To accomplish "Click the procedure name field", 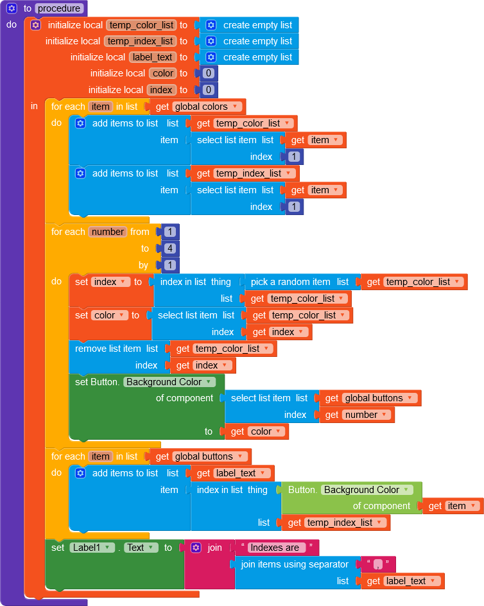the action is point(59,8).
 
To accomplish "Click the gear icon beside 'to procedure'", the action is point(12,8).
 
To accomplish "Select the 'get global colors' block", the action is point(198,107).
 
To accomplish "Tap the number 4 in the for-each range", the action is point(170,248).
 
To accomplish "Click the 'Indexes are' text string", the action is point(275,548).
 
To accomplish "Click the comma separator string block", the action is point(377,564).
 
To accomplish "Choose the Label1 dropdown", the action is point(92,548).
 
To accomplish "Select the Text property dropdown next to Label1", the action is point(141,548).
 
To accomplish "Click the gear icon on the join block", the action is point(196,548).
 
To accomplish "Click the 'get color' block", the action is point(257,431).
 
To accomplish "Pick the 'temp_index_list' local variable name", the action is point(141,41).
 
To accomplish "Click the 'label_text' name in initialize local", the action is point(153,57).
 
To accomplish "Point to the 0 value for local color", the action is point(209,73).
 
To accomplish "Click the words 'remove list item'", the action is point(108,349).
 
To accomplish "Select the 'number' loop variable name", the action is point(108,232).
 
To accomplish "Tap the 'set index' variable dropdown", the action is point(110,282).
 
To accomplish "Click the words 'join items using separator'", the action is point(295,564).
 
